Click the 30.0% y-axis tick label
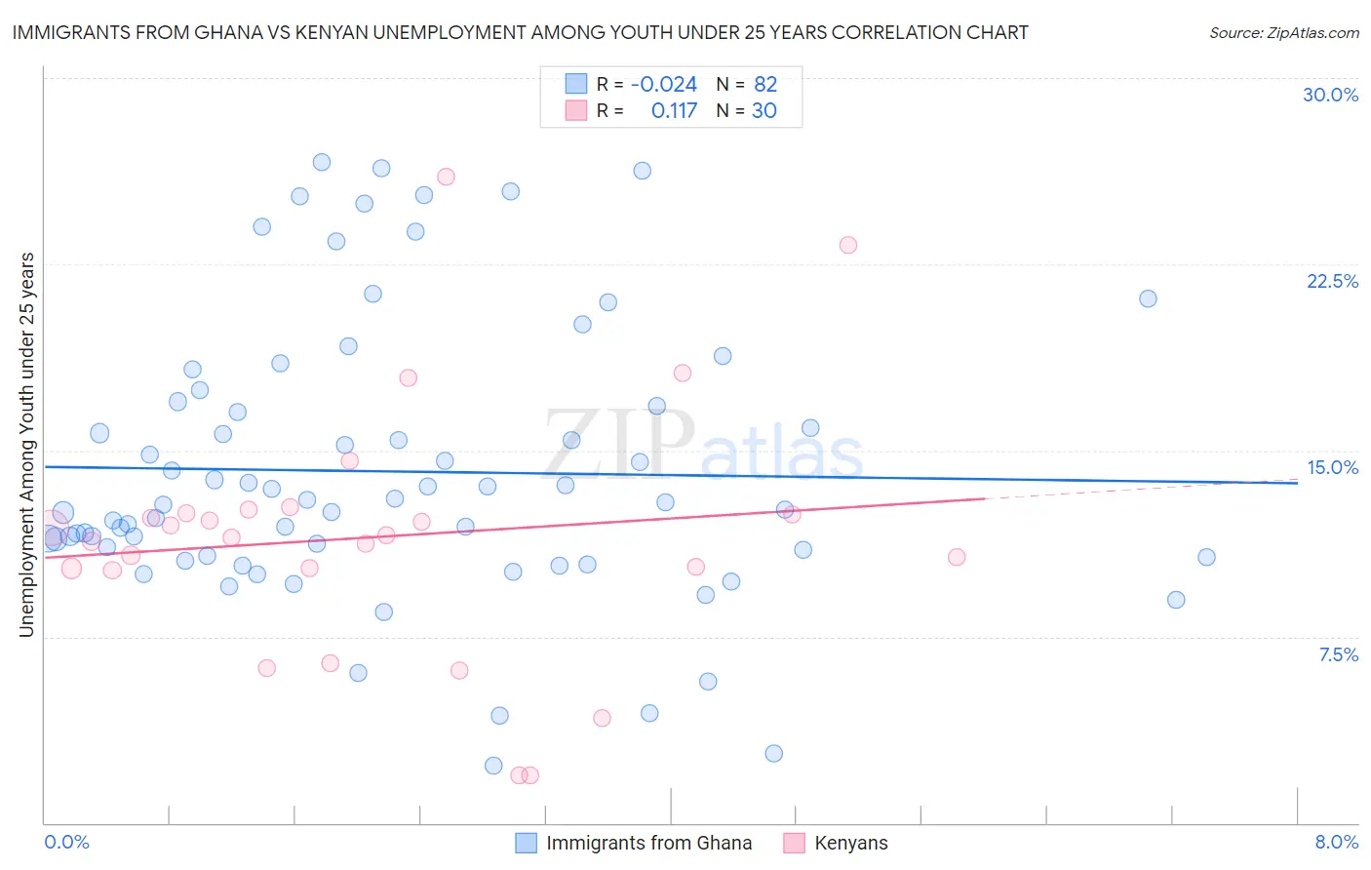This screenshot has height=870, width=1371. pos(1330,95)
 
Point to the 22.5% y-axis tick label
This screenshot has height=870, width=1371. pos(1332,281)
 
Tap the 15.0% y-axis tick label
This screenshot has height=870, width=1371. pos(1332,467)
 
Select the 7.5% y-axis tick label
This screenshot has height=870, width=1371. pos(1338,654)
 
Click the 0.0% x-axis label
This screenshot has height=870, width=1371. pos(66,842)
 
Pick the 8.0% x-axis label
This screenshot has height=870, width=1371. pos(1336,842)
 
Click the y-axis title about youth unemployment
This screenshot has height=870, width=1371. pos(26,445)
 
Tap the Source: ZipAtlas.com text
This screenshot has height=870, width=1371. pos(1283,33)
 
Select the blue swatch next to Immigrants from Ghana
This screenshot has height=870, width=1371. pos(526,843)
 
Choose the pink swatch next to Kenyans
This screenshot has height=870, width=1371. pos(794,843)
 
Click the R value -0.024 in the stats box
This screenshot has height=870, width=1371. pos(663,85)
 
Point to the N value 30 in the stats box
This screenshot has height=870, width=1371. pos(764,111)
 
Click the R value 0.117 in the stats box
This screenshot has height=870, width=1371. pos(674,111)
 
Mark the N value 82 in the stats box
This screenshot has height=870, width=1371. pos(764,85)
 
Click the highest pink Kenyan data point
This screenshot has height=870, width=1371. pos(446,177)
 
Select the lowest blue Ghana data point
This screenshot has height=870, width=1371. pos(493,766)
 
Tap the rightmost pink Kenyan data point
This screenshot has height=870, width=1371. pos(957,557)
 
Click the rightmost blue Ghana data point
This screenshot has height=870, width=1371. pos(1206,557)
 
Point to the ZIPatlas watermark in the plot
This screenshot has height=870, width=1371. pos(703,445)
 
